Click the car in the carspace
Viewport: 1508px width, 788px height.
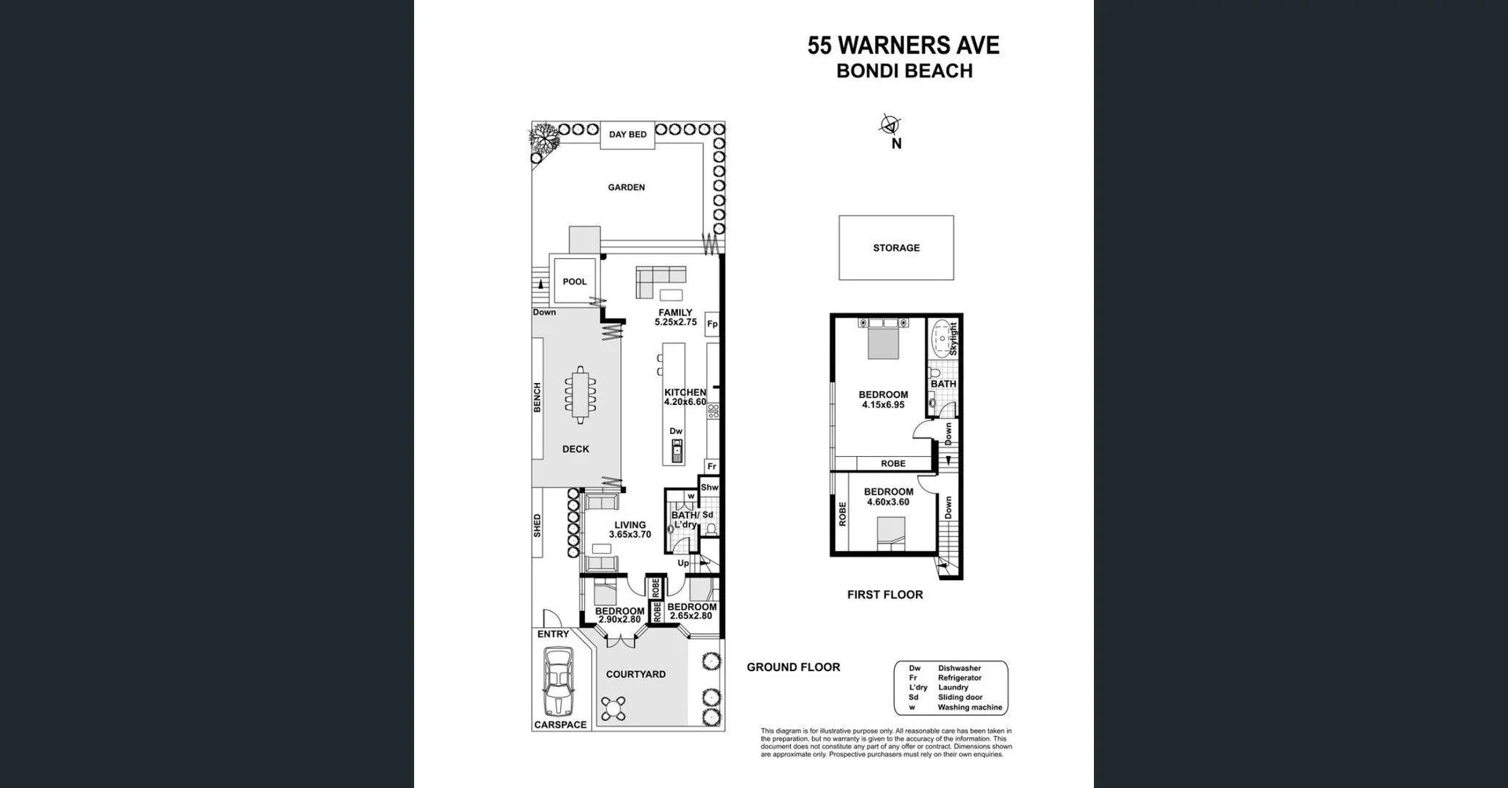coord(559,681)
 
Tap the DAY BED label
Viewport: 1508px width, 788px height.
coord(628,134)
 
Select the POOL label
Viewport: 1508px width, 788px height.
coord(574,282)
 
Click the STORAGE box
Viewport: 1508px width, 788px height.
coord(896,248)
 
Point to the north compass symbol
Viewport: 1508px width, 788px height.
coord(890,125)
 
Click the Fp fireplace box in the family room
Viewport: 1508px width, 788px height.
coord(712,323)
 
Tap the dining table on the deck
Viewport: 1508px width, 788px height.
coord(580,395)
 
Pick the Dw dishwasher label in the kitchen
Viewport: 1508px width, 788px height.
coord(676,431)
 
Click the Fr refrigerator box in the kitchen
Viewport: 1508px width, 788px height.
coord(712,466)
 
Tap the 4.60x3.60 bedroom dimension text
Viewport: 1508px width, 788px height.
coord(888,502)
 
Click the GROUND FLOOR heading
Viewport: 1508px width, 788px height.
coord(793,667)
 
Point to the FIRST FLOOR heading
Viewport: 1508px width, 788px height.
coord(884,595)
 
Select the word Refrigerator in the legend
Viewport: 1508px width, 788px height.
coord(959,678)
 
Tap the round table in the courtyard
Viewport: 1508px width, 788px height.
coord(613,709)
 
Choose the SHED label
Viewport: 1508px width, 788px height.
coord(538,525)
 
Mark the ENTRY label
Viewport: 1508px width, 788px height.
coord(553,634)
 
